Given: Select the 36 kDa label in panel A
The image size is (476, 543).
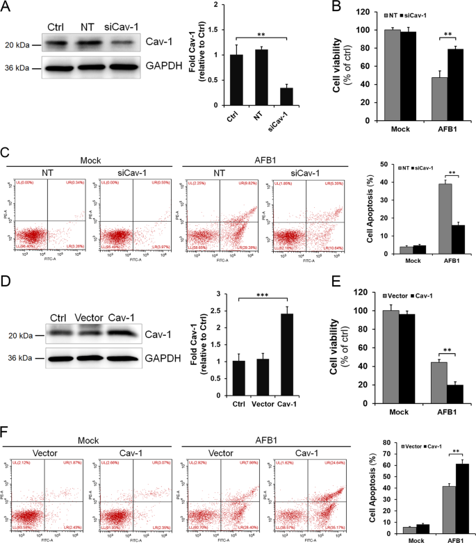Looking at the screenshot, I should [x=17, y=67].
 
